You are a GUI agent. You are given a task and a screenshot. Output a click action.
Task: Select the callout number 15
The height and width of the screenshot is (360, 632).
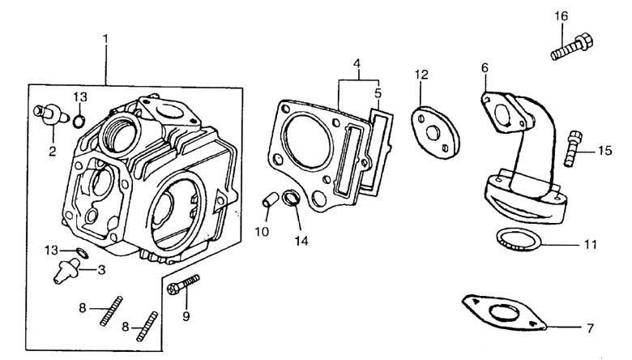[x=605, y=151]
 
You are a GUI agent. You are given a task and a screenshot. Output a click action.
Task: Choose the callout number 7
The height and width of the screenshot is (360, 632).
[x=590, y=328]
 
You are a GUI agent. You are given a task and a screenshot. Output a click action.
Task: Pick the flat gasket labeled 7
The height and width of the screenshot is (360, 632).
[x=502, y=313]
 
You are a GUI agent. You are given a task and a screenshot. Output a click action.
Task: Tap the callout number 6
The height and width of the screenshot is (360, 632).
[x=485, y=69]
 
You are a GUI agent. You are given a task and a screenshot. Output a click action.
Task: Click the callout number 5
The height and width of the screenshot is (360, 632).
[x=378, y=93]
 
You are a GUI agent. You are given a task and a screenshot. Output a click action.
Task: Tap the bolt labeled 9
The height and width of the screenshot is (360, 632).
[x=183, y=284]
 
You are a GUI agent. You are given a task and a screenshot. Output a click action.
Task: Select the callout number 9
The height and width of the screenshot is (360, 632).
[x=186, y=316]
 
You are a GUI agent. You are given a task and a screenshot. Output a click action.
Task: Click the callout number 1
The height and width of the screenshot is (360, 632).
[x=105, y=38]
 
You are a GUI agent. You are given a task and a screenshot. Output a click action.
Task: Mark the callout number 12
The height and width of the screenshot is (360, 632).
[x=421, y=75]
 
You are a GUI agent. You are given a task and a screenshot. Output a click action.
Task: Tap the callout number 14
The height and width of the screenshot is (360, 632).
[x=301, y=240]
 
